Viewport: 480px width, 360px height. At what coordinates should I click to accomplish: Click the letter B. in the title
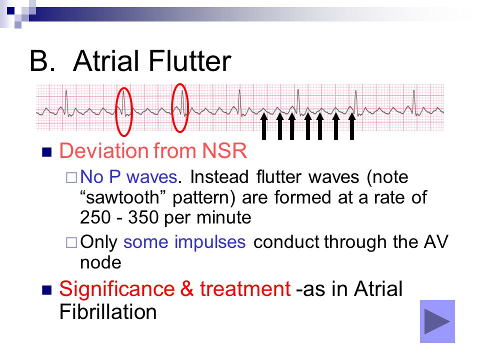click(x=42, y=61)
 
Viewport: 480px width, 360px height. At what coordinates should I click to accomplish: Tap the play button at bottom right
click(x=437, y=321)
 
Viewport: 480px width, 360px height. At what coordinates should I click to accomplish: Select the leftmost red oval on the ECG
click(x=116, y=111)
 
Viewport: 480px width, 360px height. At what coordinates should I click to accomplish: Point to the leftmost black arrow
click(x=264, y=126)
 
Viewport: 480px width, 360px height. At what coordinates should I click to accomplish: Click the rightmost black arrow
click(x=352, y=126)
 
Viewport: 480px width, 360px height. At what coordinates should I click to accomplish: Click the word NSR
click(x=224, y=150)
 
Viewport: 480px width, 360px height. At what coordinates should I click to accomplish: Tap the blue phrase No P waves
click(x=128, y=177)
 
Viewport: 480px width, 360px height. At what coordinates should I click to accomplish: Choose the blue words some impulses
click(x=184, y=242)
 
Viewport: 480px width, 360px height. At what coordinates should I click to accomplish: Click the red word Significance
click(x=117, y=289)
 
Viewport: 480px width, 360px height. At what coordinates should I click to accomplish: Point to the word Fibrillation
click(x=108, y=312)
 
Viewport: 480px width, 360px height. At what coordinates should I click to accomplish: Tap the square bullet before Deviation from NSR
click(x=47, y=152)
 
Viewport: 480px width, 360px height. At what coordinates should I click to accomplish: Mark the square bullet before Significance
click(x=47, y=290)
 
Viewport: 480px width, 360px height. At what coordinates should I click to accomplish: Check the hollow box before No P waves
click(x=71, y=178)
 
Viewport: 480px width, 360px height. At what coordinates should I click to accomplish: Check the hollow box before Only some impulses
click(x=71, y=243)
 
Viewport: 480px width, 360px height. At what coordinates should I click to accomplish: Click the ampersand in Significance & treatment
click(x=187, y=289)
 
